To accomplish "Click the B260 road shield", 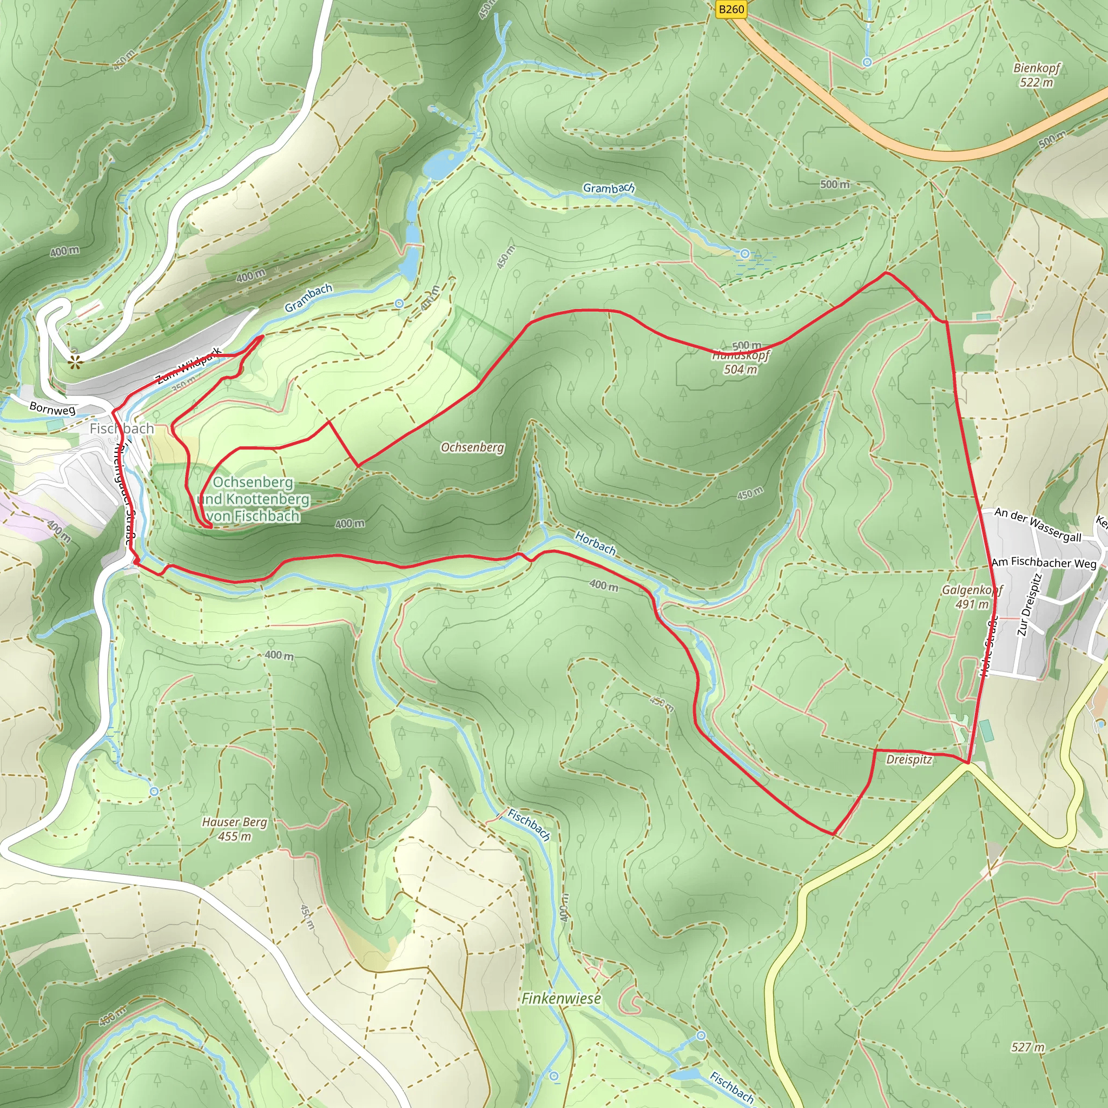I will (x=731, y=9).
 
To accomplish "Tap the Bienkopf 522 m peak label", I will (x=1036, y=75).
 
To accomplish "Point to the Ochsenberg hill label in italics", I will (x=472, y=447).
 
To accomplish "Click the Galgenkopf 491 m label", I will (x=972, y=596).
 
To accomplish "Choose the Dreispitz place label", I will (x=909, y=760).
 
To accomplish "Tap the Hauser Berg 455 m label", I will (x=235, y=829).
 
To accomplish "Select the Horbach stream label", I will (x=595, y=543).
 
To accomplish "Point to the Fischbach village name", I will (x=122, y=428).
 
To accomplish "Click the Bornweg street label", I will (x=52, y=408).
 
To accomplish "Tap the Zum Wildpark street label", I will (x=189, y=365).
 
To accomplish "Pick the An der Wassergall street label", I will (x=1038, y=525).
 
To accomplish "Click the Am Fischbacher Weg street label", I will (x=1044, y=563).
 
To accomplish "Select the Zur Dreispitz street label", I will (x=1029, y=604).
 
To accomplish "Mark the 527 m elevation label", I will (x=1028, y=1048).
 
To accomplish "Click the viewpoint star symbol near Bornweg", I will (x=75, y=361).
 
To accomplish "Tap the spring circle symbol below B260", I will (x=867, y=62).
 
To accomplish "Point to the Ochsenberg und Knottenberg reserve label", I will (x=253, y=499).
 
